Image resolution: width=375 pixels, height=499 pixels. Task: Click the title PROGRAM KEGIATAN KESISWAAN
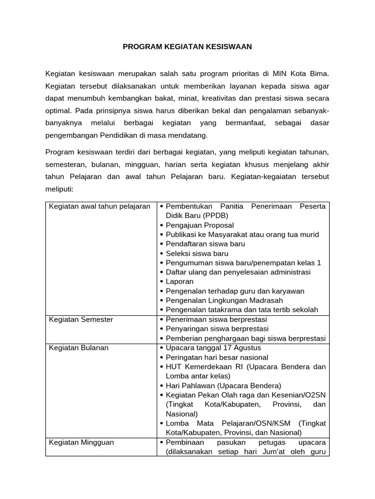187,47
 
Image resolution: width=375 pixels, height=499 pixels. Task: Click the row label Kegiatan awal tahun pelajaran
100,206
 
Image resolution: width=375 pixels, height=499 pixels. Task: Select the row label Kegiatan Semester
81,319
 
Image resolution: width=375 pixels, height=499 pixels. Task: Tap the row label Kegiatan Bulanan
79,347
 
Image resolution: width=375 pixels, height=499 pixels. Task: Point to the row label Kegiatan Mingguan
81,442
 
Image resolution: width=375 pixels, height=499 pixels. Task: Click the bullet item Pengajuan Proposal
200,225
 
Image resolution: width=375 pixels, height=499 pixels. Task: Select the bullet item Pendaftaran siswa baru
205,244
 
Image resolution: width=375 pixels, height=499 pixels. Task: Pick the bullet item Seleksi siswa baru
197,253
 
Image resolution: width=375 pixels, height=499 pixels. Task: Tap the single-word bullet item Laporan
180,281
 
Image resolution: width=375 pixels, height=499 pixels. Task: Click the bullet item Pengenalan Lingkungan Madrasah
224,300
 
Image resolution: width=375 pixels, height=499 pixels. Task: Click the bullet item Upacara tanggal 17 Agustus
213,347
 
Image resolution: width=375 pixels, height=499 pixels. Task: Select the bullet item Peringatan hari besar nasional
217,357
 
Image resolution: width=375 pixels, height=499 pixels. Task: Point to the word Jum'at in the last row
268,451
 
